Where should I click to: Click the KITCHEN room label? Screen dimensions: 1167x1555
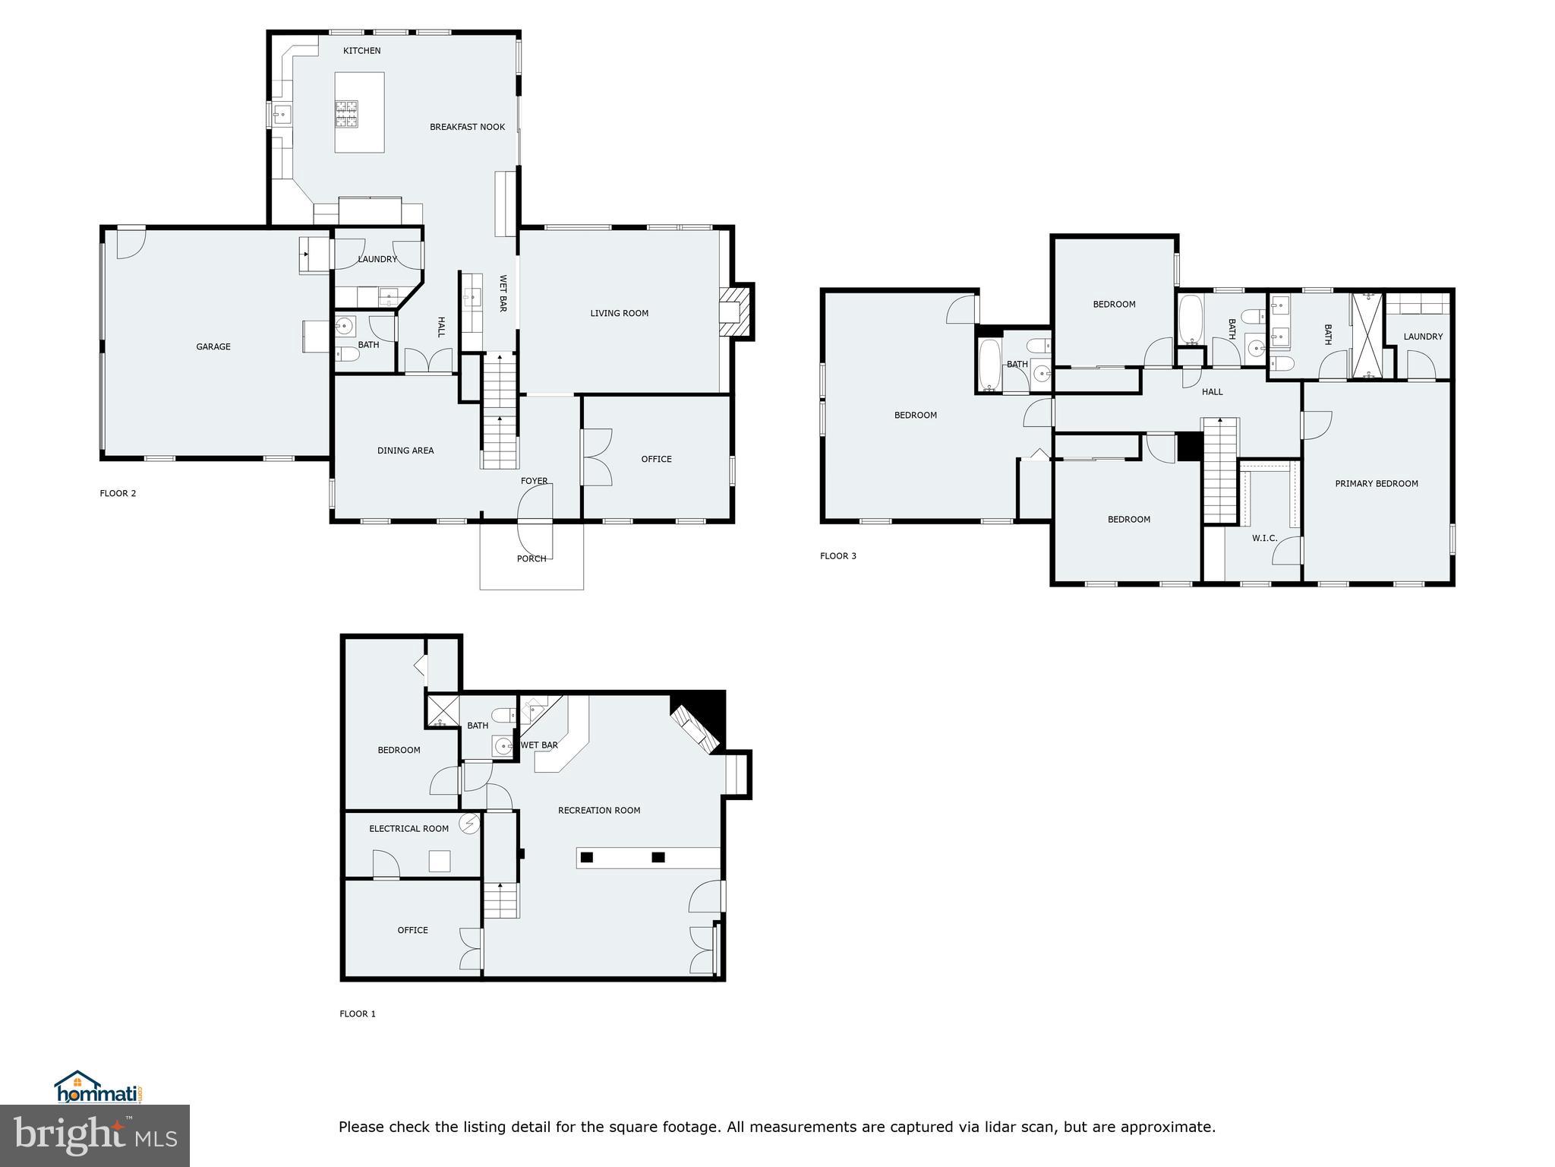tap(361, 51)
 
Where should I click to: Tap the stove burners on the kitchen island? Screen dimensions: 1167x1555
tap(347, 113)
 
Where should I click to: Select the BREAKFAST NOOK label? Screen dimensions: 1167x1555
tap(467, 127)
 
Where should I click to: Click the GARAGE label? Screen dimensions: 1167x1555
tap(213, 346)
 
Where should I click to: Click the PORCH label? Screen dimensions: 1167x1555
tap(531, 558)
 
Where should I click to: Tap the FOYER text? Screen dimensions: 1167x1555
tap(534, 481)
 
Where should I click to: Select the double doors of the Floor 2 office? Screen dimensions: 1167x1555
tap(598, 457)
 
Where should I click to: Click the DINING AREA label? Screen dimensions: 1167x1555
tap(405, 451)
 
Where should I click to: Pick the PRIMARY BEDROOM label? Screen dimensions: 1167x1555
tap(1376, 483)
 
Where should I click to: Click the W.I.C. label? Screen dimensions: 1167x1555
tap(1264, 538)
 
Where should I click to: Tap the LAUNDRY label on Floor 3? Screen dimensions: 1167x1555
tap(1422, 337)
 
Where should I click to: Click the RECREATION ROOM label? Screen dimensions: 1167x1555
tap(598, 810)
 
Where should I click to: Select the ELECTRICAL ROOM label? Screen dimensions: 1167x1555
tap(408, 828)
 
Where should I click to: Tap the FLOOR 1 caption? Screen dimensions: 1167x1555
tap(357, 1014)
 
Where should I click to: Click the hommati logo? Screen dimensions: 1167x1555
tap(99, 1089)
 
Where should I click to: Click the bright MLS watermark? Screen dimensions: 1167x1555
tap(94, 1136)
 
